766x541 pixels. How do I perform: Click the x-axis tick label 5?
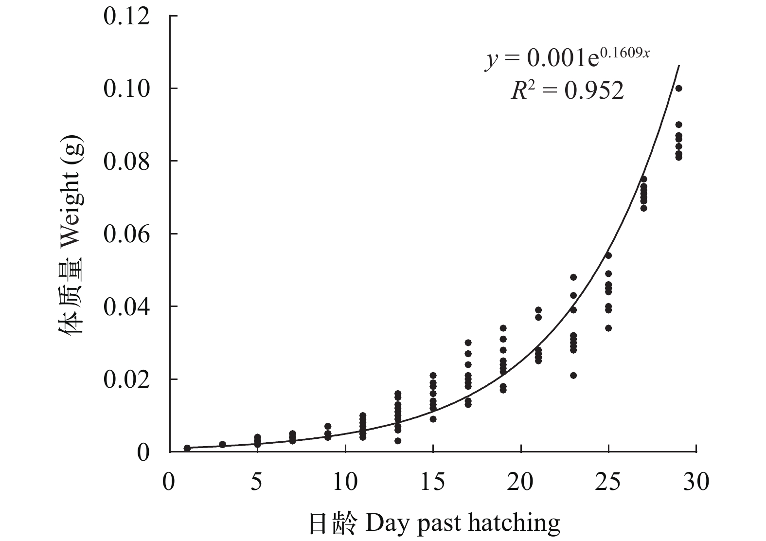257,482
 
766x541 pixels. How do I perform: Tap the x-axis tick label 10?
345,482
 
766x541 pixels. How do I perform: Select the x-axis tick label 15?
433,482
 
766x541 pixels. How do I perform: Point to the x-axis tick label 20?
520,482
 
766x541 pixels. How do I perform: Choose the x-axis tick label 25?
608,482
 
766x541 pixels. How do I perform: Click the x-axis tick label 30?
696,482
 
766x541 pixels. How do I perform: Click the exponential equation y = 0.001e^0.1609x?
567,58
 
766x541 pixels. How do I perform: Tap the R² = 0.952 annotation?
567,90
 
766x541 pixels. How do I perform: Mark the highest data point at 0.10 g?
678,88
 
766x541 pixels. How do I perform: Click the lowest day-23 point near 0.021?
573,375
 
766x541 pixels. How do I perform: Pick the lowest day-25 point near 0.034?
608,328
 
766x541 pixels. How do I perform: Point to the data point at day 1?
187,448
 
